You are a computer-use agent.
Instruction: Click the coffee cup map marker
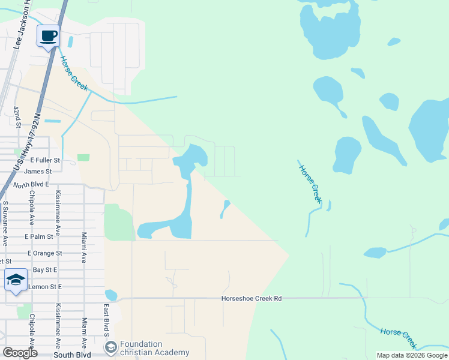(48, 35)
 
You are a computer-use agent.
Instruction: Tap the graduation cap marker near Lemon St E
(16, 280)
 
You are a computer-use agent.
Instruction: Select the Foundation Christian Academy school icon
(110, 347)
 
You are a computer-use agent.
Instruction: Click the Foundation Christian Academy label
(154, 348)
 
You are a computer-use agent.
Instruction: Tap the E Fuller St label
(45, 160)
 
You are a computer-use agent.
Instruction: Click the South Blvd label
(71, 355)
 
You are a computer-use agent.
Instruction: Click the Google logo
(20, 353)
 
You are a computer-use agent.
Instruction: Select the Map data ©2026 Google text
(412, 355)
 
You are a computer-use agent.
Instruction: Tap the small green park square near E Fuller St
(83, 157)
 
